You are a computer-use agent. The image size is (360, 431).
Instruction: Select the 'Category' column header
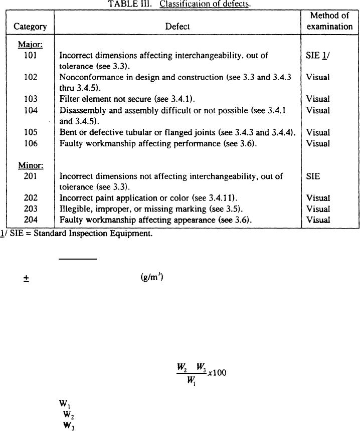(x=30, y=27)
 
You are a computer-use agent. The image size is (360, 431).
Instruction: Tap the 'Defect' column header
(x=177, y=27)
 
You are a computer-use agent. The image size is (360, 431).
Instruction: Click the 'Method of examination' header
(x=329, y=21)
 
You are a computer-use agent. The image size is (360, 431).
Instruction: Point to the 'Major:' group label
(x=30, y=45)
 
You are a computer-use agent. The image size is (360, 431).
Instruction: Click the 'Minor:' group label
(x=30, y=165)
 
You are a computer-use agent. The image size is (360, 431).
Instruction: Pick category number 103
(x=30, y=99)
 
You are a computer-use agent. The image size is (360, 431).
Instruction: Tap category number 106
(x=30, y=143)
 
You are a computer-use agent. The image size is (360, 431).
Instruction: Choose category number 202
(x=30, y=198)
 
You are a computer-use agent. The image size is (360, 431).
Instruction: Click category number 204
(x=30, y=220)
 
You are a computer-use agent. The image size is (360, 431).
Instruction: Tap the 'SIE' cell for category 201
(x=313, y=176)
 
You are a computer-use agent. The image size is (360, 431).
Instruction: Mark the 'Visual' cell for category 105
(x=318, y=132)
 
